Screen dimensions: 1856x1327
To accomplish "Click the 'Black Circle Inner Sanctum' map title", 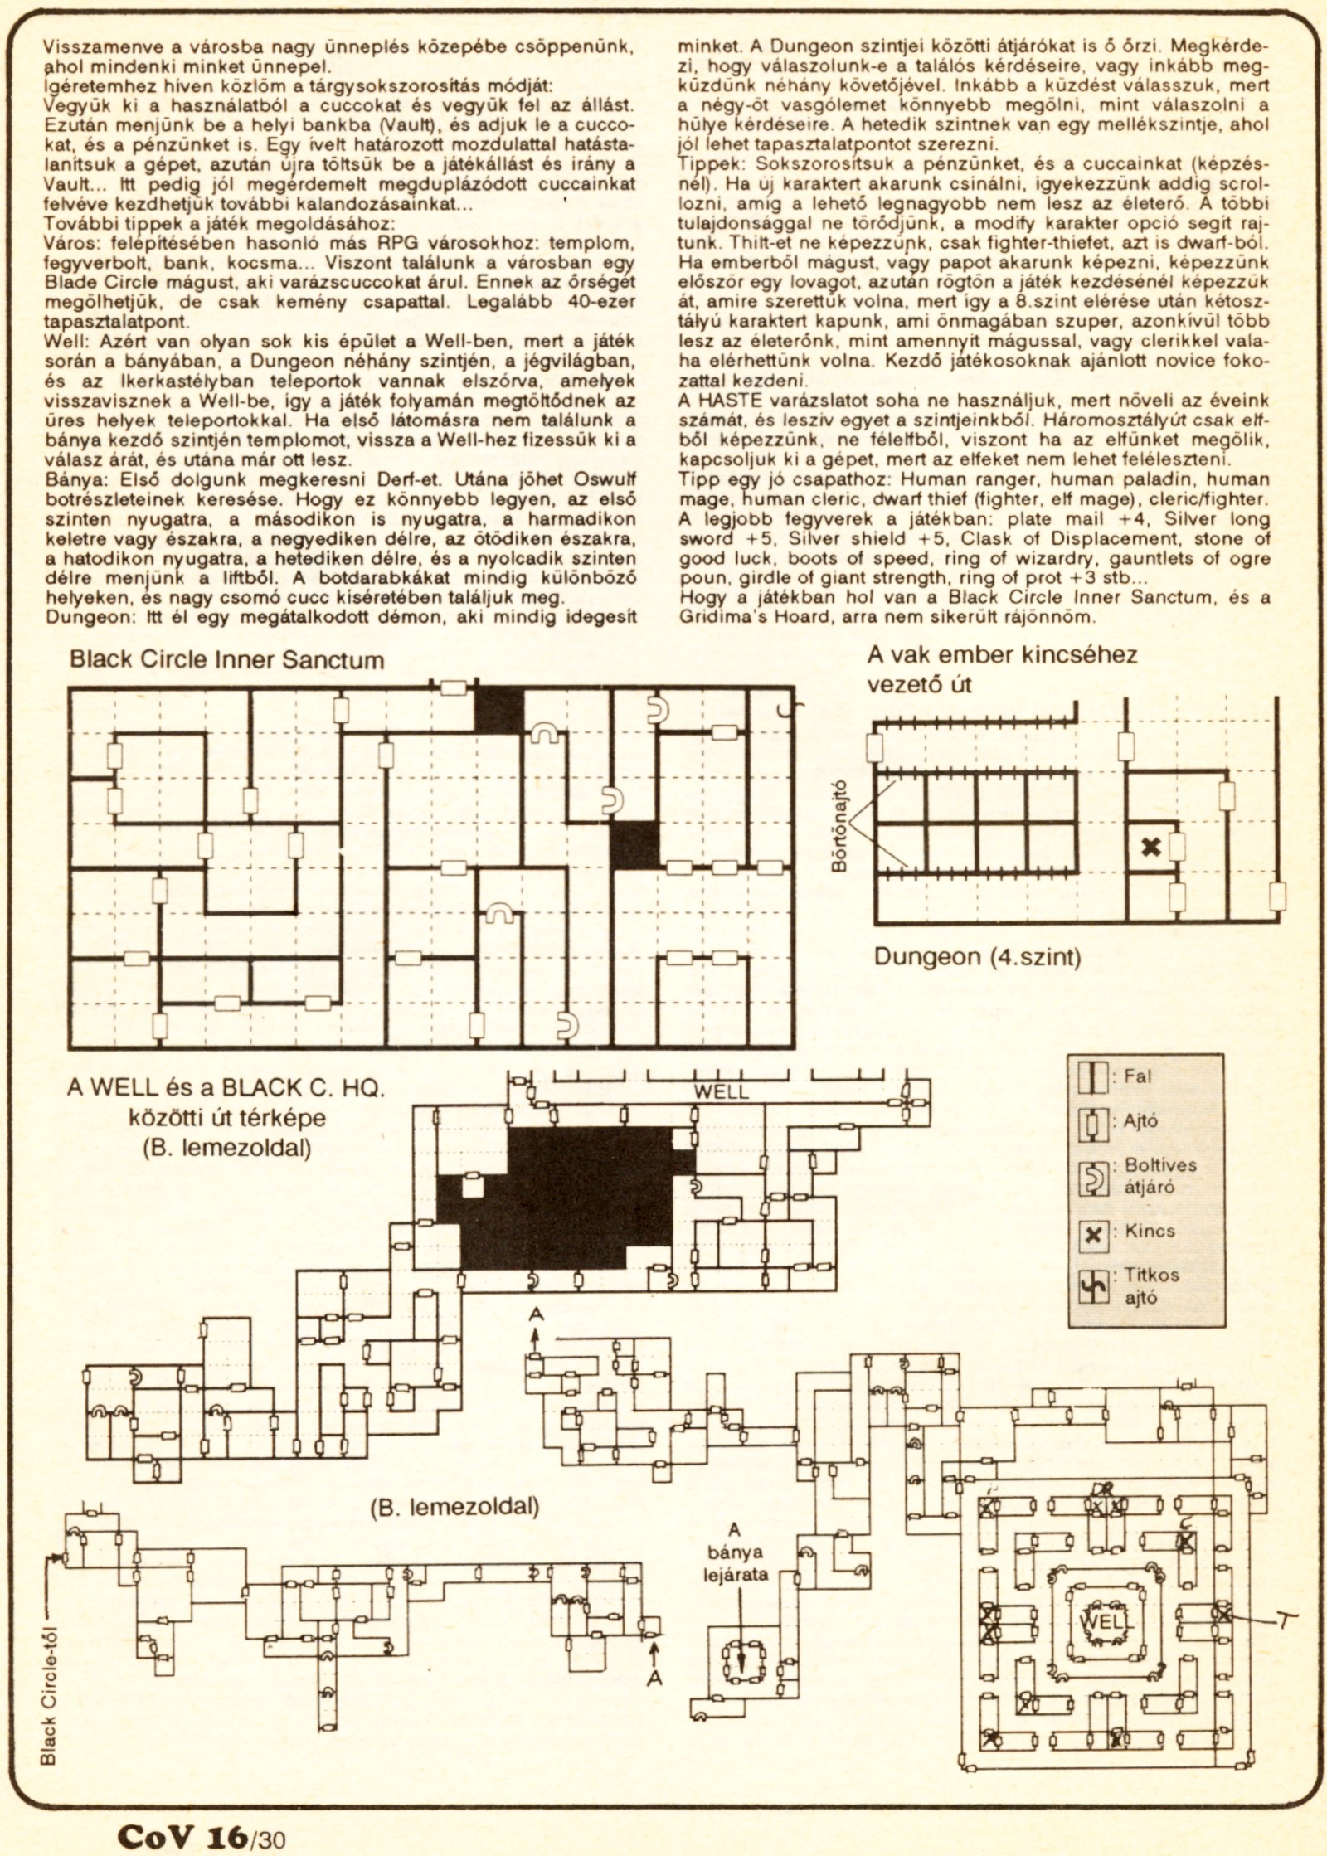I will click(226, 660).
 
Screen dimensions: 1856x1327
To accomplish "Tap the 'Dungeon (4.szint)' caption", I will click(979, 957).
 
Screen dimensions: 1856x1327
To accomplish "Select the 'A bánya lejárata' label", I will click(733, 1552).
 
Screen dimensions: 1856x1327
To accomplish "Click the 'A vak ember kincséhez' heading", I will click(1002, 655).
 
